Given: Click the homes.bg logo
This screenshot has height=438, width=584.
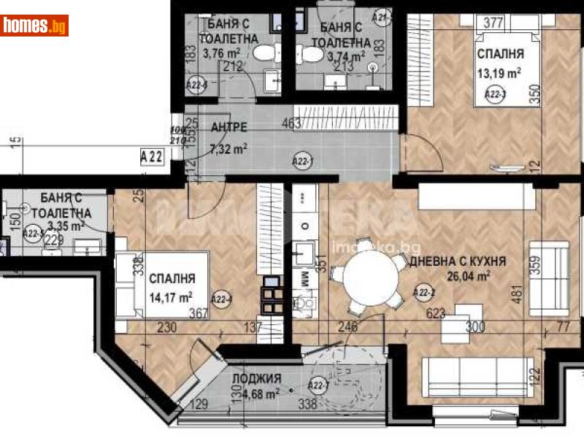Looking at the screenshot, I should (x=35, y=26).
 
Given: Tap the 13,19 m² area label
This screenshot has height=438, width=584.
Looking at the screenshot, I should (x=499, y=72).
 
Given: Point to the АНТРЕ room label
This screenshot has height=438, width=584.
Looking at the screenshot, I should (x=228, y=128).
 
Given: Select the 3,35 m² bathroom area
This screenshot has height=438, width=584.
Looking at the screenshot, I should (x=61, y=226).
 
